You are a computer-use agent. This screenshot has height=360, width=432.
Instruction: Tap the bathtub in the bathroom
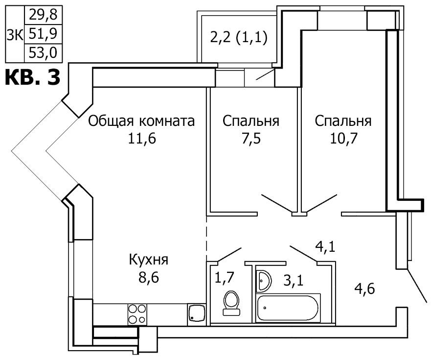click(288, 308)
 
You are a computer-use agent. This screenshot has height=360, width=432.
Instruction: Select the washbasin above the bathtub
click(264, 281)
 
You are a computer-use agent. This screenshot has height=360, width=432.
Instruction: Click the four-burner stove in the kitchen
click(137, 314)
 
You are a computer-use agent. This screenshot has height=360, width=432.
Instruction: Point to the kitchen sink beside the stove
click(197, 313)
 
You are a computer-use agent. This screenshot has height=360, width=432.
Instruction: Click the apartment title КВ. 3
click(32, 77)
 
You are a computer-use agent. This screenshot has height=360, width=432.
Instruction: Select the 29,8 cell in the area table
click(43, 15)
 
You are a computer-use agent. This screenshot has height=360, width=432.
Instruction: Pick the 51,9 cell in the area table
click(43, 34)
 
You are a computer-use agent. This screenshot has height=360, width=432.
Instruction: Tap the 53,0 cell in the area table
click(43, 53)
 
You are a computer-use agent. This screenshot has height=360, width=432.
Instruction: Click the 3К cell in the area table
click(15, 34)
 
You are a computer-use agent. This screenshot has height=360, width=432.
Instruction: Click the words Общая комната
click(141, 121)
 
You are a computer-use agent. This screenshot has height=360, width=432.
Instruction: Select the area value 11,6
click(142, 139)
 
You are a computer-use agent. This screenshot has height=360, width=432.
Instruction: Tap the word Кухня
click(149, 260)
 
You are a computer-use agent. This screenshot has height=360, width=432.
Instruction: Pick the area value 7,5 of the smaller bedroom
click(251, 139)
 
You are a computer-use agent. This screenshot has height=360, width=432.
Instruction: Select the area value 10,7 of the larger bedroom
click(343, 139)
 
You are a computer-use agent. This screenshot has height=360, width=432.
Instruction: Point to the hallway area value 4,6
click(364, 289)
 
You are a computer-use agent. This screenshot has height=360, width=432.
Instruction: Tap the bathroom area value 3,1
click(294, 281)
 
